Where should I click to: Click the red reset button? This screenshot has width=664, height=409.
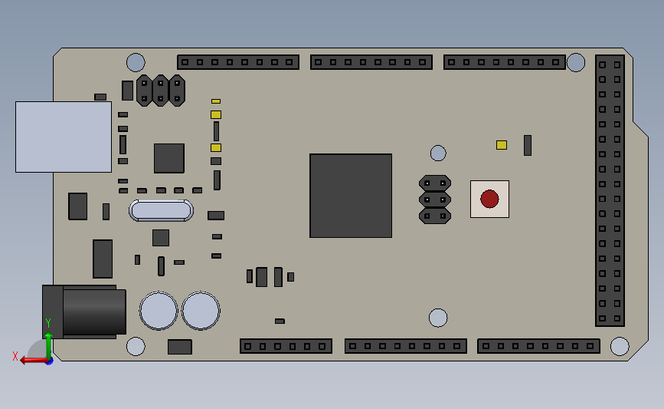(x=489, y=199)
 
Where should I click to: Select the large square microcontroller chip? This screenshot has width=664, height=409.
(x=351, y=196)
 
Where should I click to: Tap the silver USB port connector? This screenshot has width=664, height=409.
(x=64, y=137)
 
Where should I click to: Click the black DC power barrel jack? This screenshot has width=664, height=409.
(x=88, y=312)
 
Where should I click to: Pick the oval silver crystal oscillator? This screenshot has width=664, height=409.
(x=161, y=210)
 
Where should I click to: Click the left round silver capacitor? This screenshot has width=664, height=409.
(x=159, y=311)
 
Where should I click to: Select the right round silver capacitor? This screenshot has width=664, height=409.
(x=201, y=311)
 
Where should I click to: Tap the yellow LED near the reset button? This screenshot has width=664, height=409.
(x=502, y=145)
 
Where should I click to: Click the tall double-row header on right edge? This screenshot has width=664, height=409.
(x=610, y=191)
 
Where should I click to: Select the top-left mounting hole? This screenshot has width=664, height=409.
(x=136, y=62)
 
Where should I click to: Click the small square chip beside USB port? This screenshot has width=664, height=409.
(x=169, y=158)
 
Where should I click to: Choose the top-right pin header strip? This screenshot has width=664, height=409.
(x=505, y=62)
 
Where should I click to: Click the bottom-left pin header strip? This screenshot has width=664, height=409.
(x=286, y=346)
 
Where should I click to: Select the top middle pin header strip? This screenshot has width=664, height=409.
(x=371, y=62)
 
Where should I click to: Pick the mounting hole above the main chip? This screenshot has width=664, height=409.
(x=438, y=153)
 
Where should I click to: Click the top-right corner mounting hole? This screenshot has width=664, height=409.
(x=576, y=62)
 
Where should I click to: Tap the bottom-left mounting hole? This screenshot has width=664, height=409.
(x=136, y=347)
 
